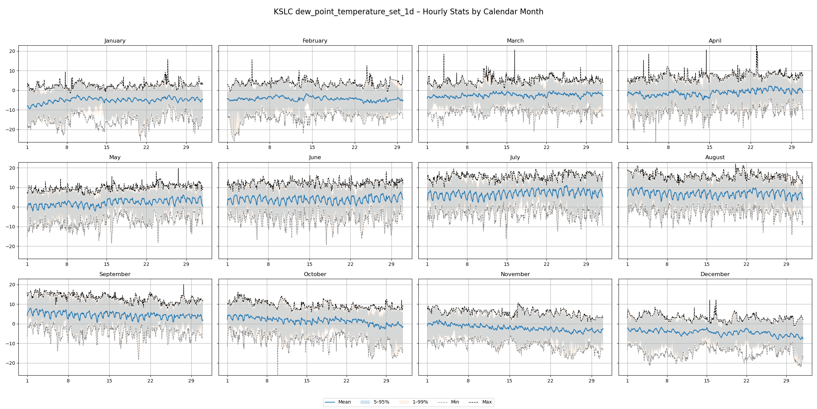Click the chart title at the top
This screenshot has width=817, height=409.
click(408, 12)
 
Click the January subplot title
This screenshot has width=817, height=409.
click(115, 41)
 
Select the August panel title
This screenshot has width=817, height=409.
click(715, 157)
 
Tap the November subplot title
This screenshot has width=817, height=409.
click(515, 274)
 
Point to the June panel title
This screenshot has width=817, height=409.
click(315, 157)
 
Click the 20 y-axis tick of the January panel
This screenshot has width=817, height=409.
click(13, 51)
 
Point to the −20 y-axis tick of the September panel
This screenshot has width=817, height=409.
click(11, 363)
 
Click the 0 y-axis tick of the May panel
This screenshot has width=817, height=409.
click(14, 207)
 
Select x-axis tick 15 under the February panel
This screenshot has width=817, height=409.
click(312, 148)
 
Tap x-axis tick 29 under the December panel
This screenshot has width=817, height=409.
click(786, 381)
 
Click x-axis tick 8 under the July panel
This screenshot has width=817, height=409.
click(467, 264)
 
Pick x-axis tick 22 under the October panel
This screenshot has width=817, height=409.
click(346, 381)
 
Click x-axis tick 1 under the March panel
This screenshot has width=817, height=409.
click(427, 148)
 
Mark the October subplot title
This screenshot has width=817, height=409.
click(315, 274)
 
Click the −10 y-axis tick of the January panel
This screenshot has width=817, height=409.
click(11, 110)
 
